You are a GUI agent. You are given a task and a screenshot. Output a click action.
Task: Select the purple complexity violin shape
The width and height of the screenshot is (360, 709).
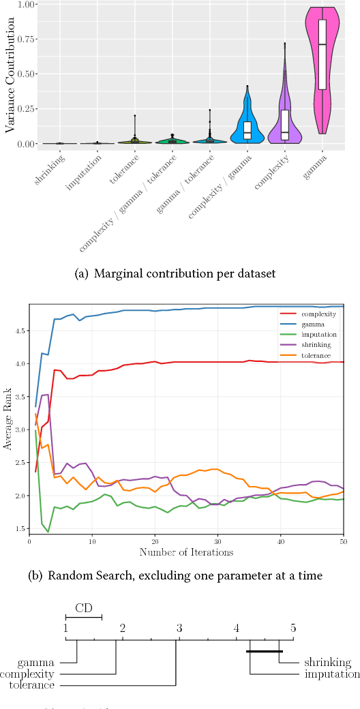click(x=284, y=116)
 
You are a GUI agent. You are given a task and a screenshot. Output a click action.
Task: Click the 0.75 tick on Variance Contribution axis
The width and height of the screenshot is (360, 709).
click(x=26, y=39)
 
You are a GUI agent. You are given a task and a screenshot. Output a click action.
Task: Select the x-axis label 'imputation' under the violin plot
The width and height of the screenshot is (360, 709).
click(x=87, y=168)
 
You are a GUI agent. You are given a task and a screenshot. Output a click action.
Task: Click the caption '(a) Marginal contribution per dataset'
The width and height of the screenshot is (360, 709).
click(x=179, y=274)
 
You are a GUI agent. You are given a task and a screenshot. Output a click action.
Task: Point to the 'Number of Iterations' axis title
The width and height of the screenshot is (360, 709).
click(x=186, y=551)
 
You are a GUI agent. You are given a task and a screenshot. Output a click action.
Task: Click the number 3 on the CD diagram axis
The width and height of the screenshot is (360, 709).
click(x=179, y=628)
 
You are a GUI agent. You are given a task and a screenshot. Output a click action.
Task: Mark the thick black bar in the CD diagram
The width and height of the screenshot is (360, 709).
click(x=265, y=651)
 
